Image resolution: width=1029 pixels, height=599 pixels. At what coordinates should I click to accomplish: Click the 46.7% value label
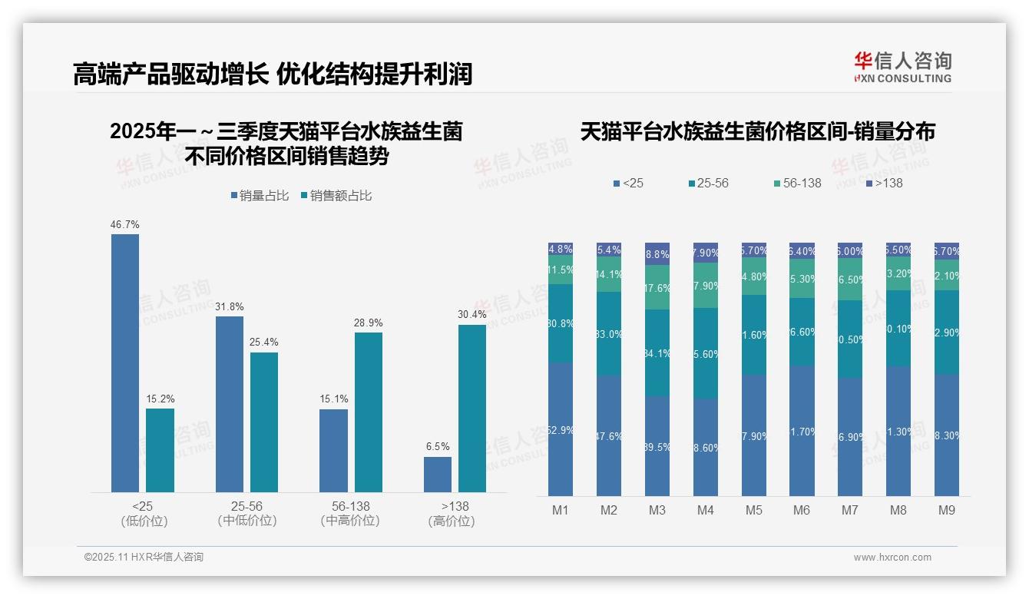[x=125, y=225]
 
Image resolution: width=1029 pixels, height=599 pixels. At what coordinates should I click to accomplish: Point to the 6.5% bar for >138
[x=438, y=474]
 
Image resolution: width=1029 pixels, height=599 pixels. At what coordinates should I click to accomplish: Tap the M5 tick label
[x=753, y=511]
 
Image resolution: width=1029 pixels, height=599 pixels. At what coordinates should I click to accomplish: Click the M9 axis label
[x=947, y=511]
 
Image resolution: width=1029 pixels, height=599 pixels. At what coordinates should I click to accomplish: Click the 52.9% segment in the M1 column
[x=561, y=429]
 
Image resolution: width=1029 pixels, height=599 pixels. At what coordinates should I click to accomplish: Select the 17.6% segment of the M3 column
[x=657, y=287]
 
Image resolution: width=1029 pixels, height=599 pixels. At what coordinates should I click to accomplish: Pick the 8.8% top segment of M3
[x=657, y=253]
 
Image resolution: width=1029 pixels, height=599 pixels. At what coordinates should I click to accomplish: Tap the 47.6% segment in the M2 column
[x=609, y=435]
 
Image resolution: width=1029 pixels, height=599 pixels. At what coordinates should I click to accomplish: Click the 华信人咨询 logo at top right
[x=902, y=68]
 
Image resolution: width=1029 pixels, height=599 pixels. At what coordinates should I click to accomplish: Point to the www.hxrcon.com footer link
[x=892, y=558]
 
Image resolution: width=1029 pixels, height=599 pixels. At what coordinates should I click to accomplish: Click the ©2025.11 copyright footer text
[x=144, y=558]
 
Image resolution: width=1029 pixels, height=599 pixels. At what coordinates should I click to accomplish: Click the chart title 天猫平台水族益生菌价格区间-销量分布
[x=757, y=132]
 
